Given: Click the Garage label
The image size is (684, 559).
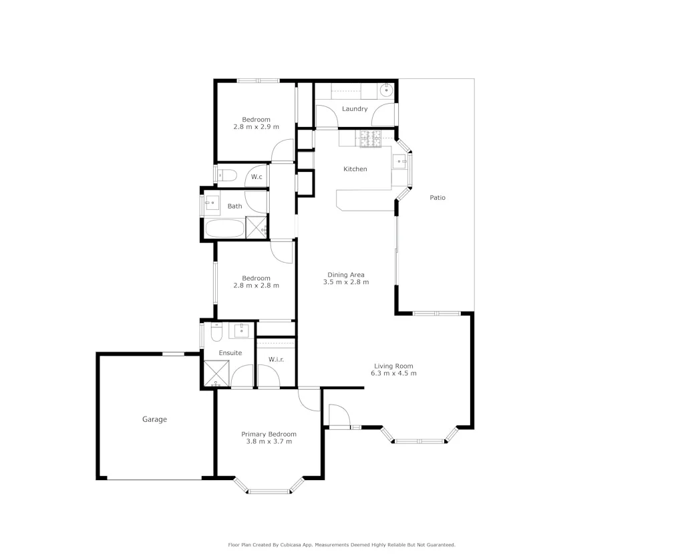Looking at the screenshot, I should click(154, 419).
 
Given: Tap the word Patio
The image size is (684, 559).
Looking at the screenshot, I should click(438, 197).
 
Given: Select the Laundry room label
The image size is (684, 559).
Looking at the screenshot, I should click(355, 108).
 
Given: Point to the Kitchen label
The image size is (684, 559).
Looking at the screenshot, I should click(355, 169).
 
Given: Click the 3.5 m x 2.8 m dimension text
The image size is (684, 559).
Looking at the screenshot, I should click(346, 282).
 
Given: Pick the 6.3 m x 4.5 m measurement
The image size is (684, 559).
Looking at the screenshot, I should click(394, 373).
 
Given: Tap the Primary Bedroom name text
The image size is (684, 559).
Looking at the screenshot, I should click(269, 434).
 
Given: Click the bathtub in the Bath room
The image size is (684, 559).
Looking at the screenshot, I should click(224, 229).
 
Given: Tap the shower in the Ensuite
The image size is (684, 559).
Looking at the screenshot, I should click(216, 374).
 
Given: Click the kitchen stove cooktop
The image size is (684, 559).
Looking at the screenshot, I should click(370, 138).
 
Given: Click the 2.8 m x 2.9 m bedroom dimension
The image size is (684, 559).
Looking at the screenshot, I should click(256, 126).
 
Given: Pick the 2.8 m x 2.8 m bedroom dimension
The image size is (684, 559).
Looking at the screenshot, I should click(256, 286).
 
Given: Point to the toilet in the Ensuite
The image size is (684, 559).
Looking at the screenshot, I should click(216, 332).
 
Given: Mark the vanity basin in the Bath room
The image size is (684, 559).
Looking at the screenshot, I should click(213, 202).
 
